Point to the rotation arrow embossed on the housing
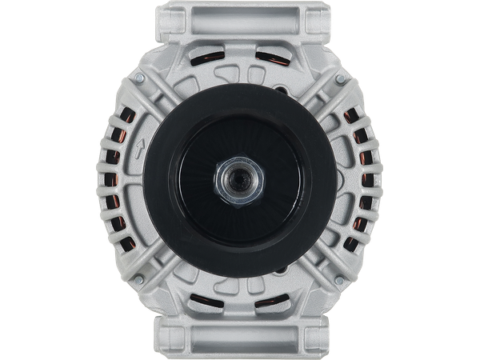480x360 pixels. click(x=140, y=147)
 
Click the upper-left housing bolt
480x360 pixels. click(x=140, y=78)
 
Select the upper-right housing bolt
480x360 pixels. click(x=340, y=78)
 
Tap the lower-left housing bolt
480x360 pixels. click(x=140, y=279)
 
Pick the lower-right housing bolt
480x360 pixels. click(x=340, y=279)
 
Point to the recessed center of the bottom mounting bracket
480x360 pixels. click(x=240, y=340)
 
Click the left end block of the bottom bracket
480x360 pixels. click(x=174, y=340)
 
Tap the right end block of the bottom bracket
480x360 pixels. click(x=306, y=340)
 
